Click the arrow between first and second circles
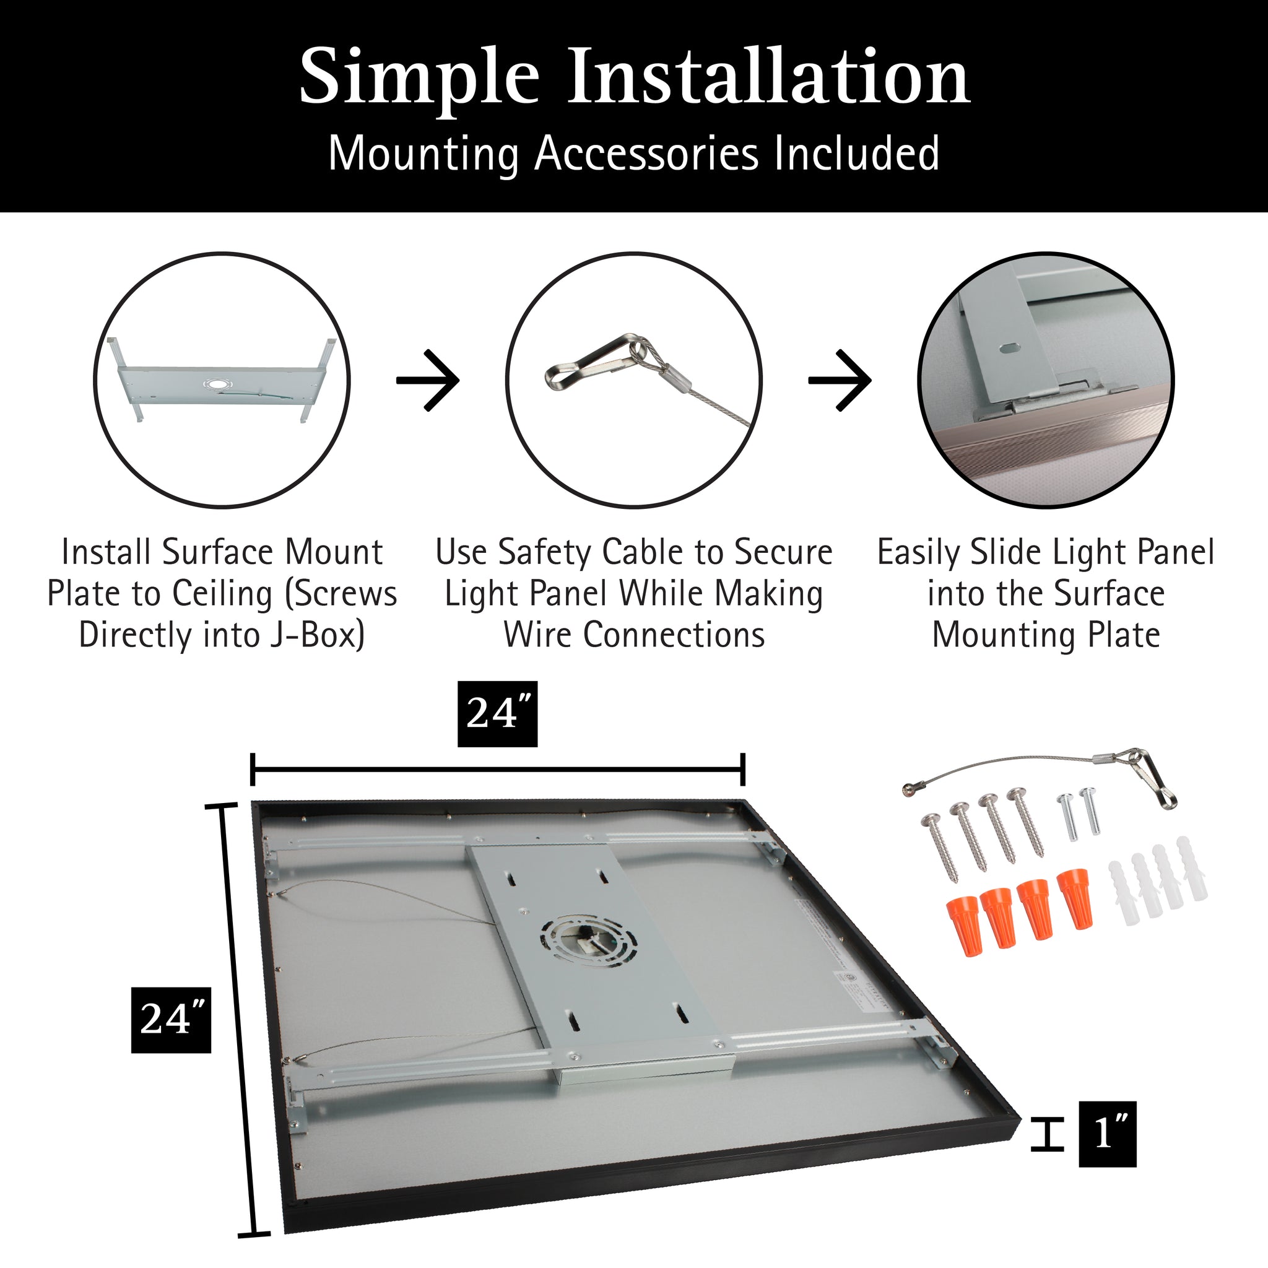428,380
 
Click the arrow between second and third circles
840,380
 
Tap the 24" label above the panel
497,713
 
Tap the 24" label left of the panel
171,1020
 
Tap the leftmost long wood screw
944,845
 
